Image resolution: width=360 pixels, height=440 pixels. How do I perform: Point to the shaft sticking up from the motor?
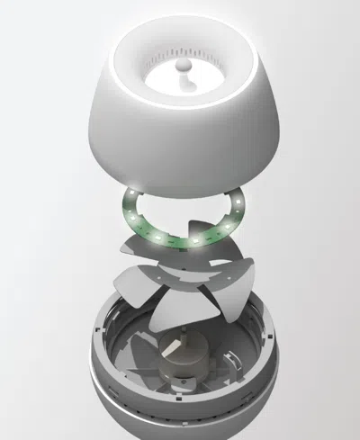point(184,338)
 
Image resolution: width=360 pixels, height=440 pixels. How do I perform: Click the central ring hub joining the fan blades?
point(181,287)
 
